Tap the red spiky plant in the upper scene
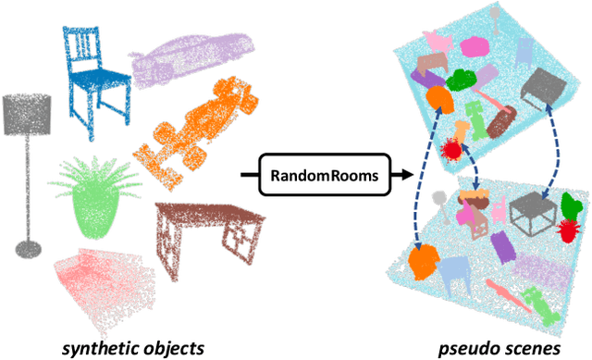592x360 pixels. click(x=454, y=149)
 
